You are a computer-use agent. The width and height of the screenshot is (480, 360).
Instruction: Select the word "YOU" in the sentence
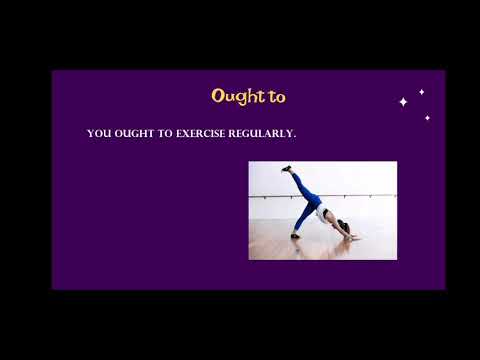click(x=98, y=133)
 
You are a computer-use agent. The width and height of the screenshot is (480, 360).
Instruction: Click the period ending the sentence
click(x=296, y=136)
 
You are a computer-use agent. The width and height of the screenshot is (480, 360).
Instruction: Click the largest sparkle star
click(x=403, y=102)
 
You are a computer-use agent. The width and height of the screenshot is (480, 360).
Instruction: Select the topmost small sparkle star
click(x=421, y=92)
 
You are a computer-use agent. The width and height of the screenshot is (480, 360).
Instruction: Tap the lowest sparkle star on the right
click(x=427, y=118)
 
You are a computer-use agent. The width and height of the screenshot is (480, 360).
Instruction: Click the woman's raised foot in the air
click(x=287, y=169)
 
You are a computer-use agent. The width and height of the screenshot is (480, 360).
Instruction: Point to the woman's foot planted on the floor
click(x=295, y=235)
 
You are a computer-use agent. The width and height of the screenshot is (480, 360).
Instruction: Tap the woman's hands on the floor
click(x=352, y=236)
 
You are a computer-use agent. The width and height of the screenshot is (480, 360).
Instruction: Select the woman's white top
click(x=323, y=212)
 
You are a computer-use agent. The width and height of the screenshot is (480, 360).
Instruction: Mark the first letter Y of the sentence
click(x=91, y=133)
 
